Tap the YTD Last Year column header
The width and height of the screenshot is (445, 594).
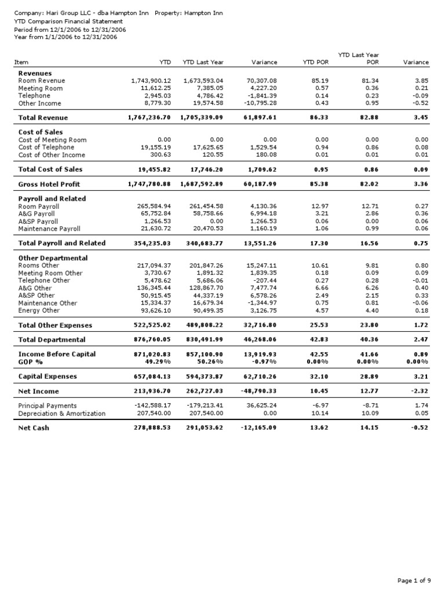(x=203, y=62)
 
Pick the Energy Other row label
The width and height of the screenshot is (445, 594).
(x=39, y=310)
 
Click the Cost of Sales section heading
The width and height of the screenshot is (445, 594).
(x=41, y=132)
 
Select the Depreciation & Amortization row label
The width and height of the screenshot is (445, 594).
(x=62, y=414)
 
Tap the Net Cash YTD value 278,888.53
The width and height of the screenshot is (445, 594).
(x=152, y=428)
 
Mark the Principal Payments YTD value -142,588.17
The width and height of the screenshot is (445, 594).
(x=152, y=406)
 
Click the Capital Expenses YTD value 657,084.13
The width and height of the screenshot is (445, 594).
(x=152, y=376)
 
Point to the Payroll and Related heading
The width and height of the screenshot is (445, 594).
(x=52, y=198)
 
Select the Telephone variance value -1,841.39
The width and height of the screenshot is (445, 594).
(x=262, y=96)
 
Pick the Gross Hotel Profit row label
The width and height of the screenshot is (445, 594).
(x=49, y=184)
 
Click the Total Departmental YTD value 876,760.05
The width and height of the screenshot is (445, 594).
(x=152, y=340)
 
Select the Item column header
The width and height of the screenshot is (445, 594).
(x=21, y=62)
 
